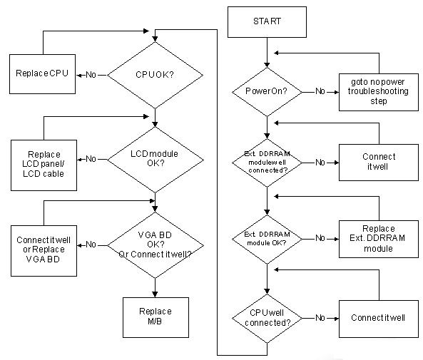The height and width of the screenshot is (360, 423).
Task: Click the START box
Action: (x=267, y=22)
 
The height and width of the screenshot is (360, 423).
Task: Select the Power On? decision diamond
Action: (x=267, y=92)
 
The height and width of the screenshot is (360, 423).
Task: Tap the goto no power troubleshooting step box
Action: (x=379, y=92)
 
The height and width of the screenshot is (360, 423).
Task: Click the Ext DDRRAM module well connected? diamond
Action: (x=267, y=163)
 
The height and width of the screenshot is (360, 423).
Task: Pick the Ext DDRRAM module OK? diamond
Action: (x=267, y=240)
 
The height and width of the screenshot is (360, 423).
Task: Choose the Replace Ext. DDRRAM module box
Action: (x=379, y=240)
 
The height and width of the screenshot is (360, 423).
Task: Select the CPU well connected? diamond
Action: (x=267, y=319)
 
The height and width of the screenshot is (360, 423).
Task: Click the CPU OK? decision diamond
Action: (x=155, y=75)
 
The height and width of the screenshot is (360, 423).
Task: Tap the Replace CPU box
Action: (x=42, y=74)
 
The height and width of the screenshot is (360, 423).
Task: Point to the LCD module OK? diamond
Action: (x=155, y=160)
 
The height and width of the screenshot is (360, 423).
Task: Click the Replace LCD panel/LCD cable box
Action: (x=44, y=165)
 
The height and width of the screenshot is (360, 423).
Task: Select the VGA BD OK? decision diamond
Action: (x=155, y=245)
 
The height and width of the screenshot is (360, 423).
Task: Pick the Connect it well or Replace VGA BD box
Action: (x=44, y=251)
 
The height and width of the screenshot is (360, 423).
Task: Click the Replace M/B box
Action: (x=156, y=317)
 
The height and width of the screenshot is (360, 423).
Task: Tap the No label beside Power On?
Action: (x=320, y=91)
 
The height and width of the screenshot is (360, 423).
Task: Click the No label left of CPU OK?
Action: (x=91, y=75)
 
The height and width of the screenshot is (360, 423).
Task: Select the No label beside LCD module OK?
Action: (x=91, y=159)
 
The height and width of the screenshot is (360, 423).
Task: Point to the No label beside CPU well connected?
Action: (x=320, y=318)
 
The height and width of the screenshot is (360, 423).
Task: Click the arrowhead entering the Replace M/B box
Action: (x=155, y=294)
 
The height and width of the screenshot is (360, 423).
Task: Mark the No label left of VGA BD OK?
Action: (x=91, y=245)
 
